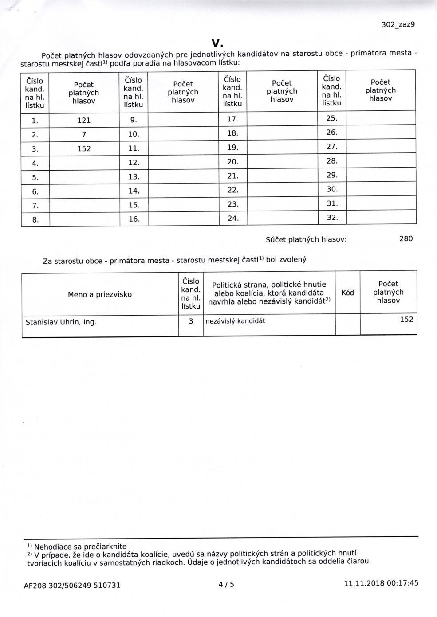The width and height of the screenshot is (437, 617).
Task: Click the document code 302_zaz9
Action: tap(398, 25)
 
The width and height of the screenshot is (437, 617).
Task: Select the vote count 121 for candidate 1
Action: tap(84, 120)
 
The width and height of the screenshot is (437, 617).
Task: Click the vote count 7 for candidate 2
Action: tap(84, 134)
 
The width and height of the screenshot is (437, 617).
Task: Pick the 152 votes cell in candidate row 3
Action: tap(84, 149)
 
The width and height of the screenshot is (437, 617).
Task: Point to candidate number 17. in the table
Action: tap(233, 119)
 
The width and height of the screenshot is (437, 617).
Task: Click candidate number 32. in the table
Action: tap(332, 218)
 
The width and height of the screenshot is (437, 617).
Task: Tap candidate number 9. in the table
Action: tap(134, 119)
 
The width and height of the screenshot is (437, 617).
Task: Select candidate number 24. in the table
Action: tap(233, 218)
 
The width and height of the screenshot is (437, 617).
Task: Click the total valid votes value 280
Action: tap(406, 239)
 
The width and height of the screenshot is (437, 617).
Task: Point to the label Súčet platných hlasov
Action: tap(306, 240)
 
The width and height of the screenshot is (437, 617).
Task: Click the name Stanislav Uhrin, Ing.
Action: tap(61, 322)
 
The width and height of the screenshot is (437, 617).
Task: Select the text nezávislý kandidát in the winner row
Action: tap(235, 321)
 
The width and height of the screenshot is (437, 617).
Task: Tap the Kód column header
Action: tap(347, 293)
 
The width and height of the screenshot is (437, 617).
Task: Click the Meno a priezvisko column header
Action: tap(100, 294)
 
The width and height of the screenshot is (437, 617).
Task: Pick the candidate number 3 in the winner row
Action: tap(191, 321)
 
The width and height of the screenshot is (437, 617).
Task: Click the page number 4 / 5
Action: tap(226, 584)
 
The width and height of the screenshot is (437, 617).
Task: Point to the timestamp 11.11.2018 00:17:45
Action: tap(381, 583)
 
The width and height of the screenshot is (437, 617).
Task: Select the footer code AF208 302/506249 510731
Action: tap(72, 585)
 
